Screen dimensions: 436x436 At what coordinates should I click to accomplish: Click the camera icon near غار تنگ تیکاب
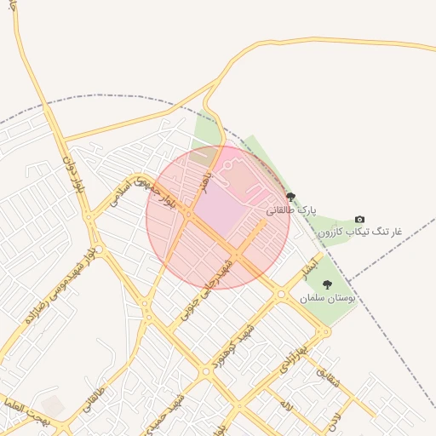pos(359,220)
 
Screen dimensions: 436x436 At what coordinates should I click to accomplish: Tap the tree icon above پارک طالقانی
pos(290,197)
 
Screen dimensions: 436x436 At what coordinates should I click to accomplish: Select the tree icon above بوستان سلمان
pos(327,284)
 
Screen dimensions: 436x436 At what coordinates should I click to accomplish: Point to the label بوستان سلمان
pos(325,299)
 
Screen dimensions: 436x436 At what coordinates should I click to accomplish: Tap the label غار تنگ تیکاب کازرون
pos(359,232)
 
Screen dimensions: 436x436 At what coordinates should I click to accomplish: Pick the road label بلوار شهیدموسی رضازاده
pos(61,286)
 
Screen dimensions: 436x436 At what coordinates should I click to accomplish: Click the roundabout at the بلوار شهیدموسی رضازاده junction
pos(99,250)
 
